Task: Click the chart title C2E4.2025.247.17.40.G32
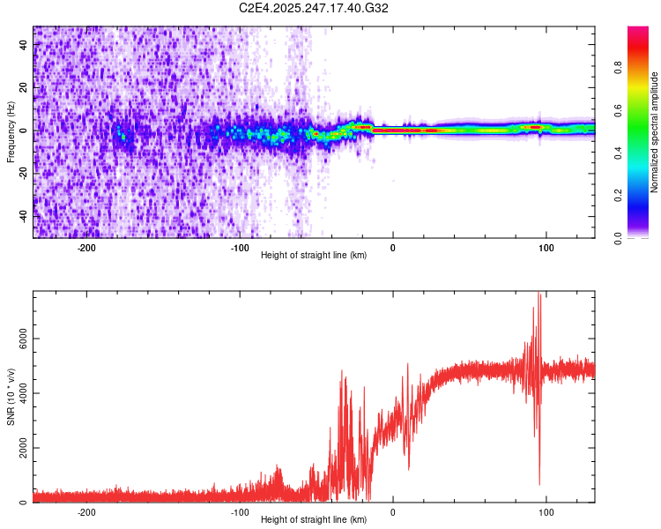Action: click(314, 8)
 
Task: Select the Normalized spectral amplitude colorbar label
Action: click(654, 132)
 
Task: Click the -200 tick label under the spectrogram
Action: click(86, 248)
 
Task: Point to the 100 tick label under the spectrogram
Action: click(546, 248)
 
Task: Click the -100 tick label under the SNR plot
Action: click(240, 512)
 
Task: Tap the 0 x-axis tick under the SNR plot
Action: click(393, 512)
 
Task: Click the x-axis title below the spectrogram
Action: click(314, 256)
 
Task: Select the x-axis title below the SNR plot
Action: click(314, 520)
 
